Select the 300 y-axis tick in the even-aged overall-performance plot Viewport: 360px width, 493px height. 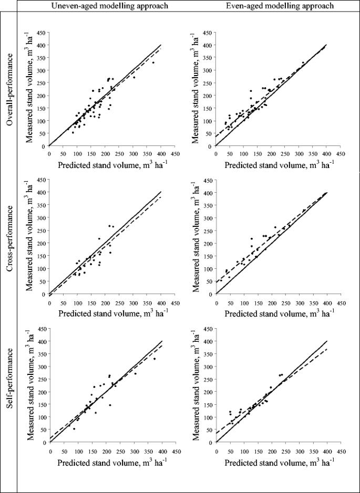click(209, 71)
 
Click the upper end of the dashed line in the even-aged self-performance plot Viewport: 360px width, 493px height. click(327, 349)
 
